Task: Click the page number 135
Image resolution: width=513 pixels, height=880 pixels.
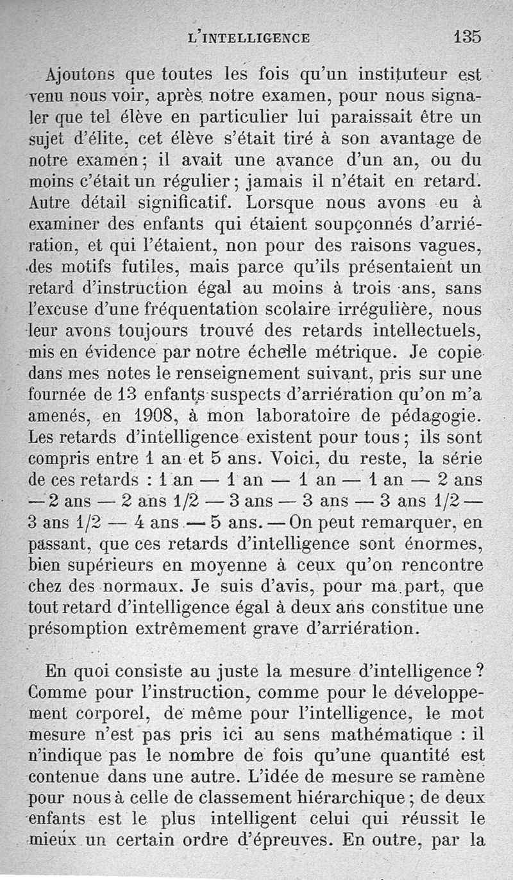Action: click(467, 36)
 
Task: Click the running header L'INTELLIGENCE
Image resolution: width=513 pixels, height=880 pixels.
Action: click(249, 38)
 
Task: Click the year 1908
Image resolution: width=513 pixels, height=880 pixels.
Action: click(149, 416)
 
